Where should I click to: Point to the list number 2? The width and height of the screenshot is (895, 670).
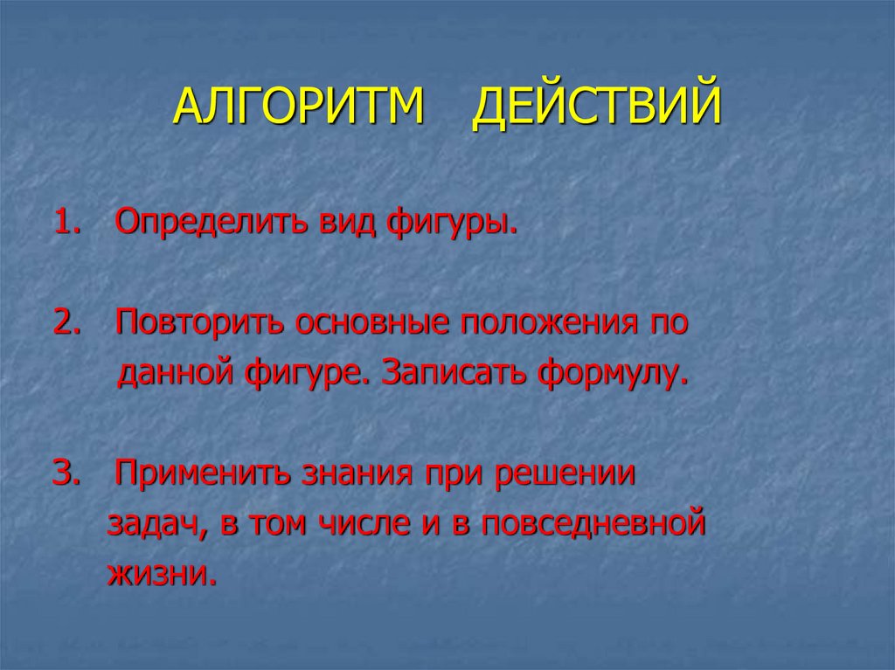(66, 322)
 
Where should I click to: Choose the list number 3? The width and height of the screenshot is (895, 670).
(66, 474)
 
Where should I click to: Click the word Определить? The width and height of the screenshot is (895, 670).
(210, 224)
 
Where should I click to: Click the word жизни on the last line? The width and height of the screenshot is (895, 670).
(159, 574)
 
